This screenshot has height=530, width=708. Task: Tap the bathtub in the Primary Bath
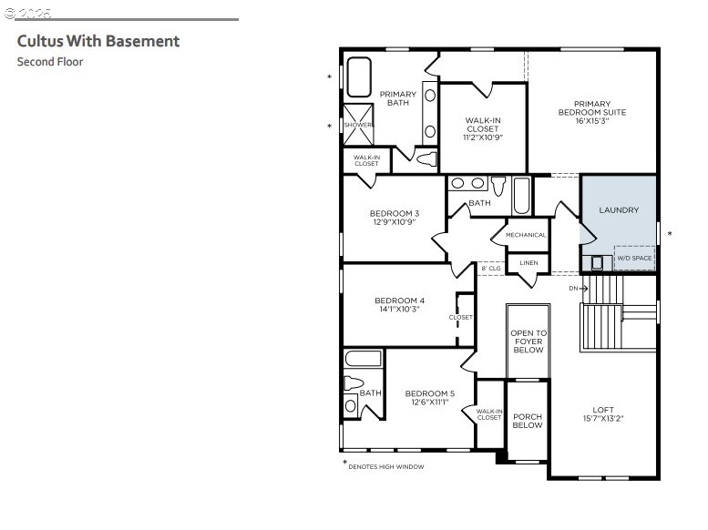[x=359, y=76]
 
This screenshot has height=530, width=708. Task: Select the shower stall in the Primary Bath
[x=358, y=125]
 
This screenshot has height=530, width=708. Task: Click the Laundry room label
[x=619, y=210]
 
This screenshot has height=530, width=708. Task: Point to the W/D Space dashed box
[x=634, y=259]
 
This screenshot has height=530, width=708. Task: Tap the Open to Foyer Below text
[x=528, y=341]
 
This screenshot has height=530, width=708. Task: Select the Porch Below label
[x=528, y=421]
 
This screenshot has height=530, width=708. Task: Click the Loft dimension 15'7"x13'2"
[x=603, y=419]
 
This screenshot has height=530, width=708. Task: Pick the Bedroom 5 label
[x=430, y=393]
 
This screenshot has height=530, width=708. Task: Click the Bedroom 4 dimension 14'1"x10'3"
[x=400, y=310]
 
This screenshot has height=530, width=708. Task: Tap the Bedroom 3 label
[x=395, y=213]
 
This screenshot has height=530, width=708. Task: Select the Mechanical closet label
[x=526, y=235]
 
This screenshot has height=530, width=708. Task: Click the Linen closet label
[x=528, y=263]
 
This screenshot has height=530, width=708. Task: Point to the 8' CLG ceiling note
[x=491, y=268]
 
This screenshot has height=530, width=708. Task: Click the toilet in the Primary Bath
[x=426, y=159]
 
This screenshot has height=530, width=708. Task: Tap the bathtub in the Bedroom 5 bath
[x=364, y=359]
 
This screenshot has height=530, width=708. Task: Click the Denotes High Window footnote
[x=384, y=466]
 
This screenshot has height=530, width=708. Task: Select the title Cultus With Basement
[x=98, y=41]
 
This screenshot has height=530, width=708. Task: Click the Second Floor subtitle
[x=50, y=62]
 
